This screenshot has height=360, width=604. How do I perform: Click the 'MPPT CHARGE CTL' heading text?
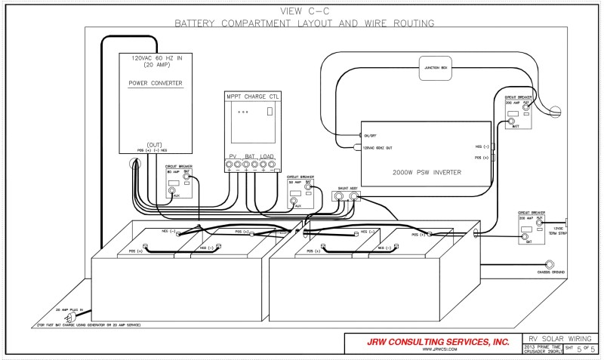254,97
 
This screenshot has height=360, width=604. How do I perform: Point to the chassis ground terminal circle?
550,265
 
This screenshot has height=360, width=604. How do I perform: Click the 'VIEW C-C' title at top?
302,11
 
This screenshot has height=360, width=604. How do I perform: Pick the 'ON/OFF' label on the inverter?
371,135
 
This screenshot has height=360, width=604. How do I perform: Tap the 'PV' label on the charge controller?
233,156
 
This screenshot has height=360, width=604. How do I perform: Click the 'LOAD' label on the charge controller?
267,156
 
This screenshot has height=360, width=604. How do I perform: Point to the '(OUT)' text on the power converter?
155,144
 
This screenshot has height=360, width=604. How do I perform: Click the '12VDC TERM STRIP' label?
559,230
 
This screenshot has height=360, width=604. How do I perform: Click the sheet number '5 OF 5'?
586,349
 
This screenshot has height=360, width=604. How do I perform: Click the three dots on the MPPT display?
241,112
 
